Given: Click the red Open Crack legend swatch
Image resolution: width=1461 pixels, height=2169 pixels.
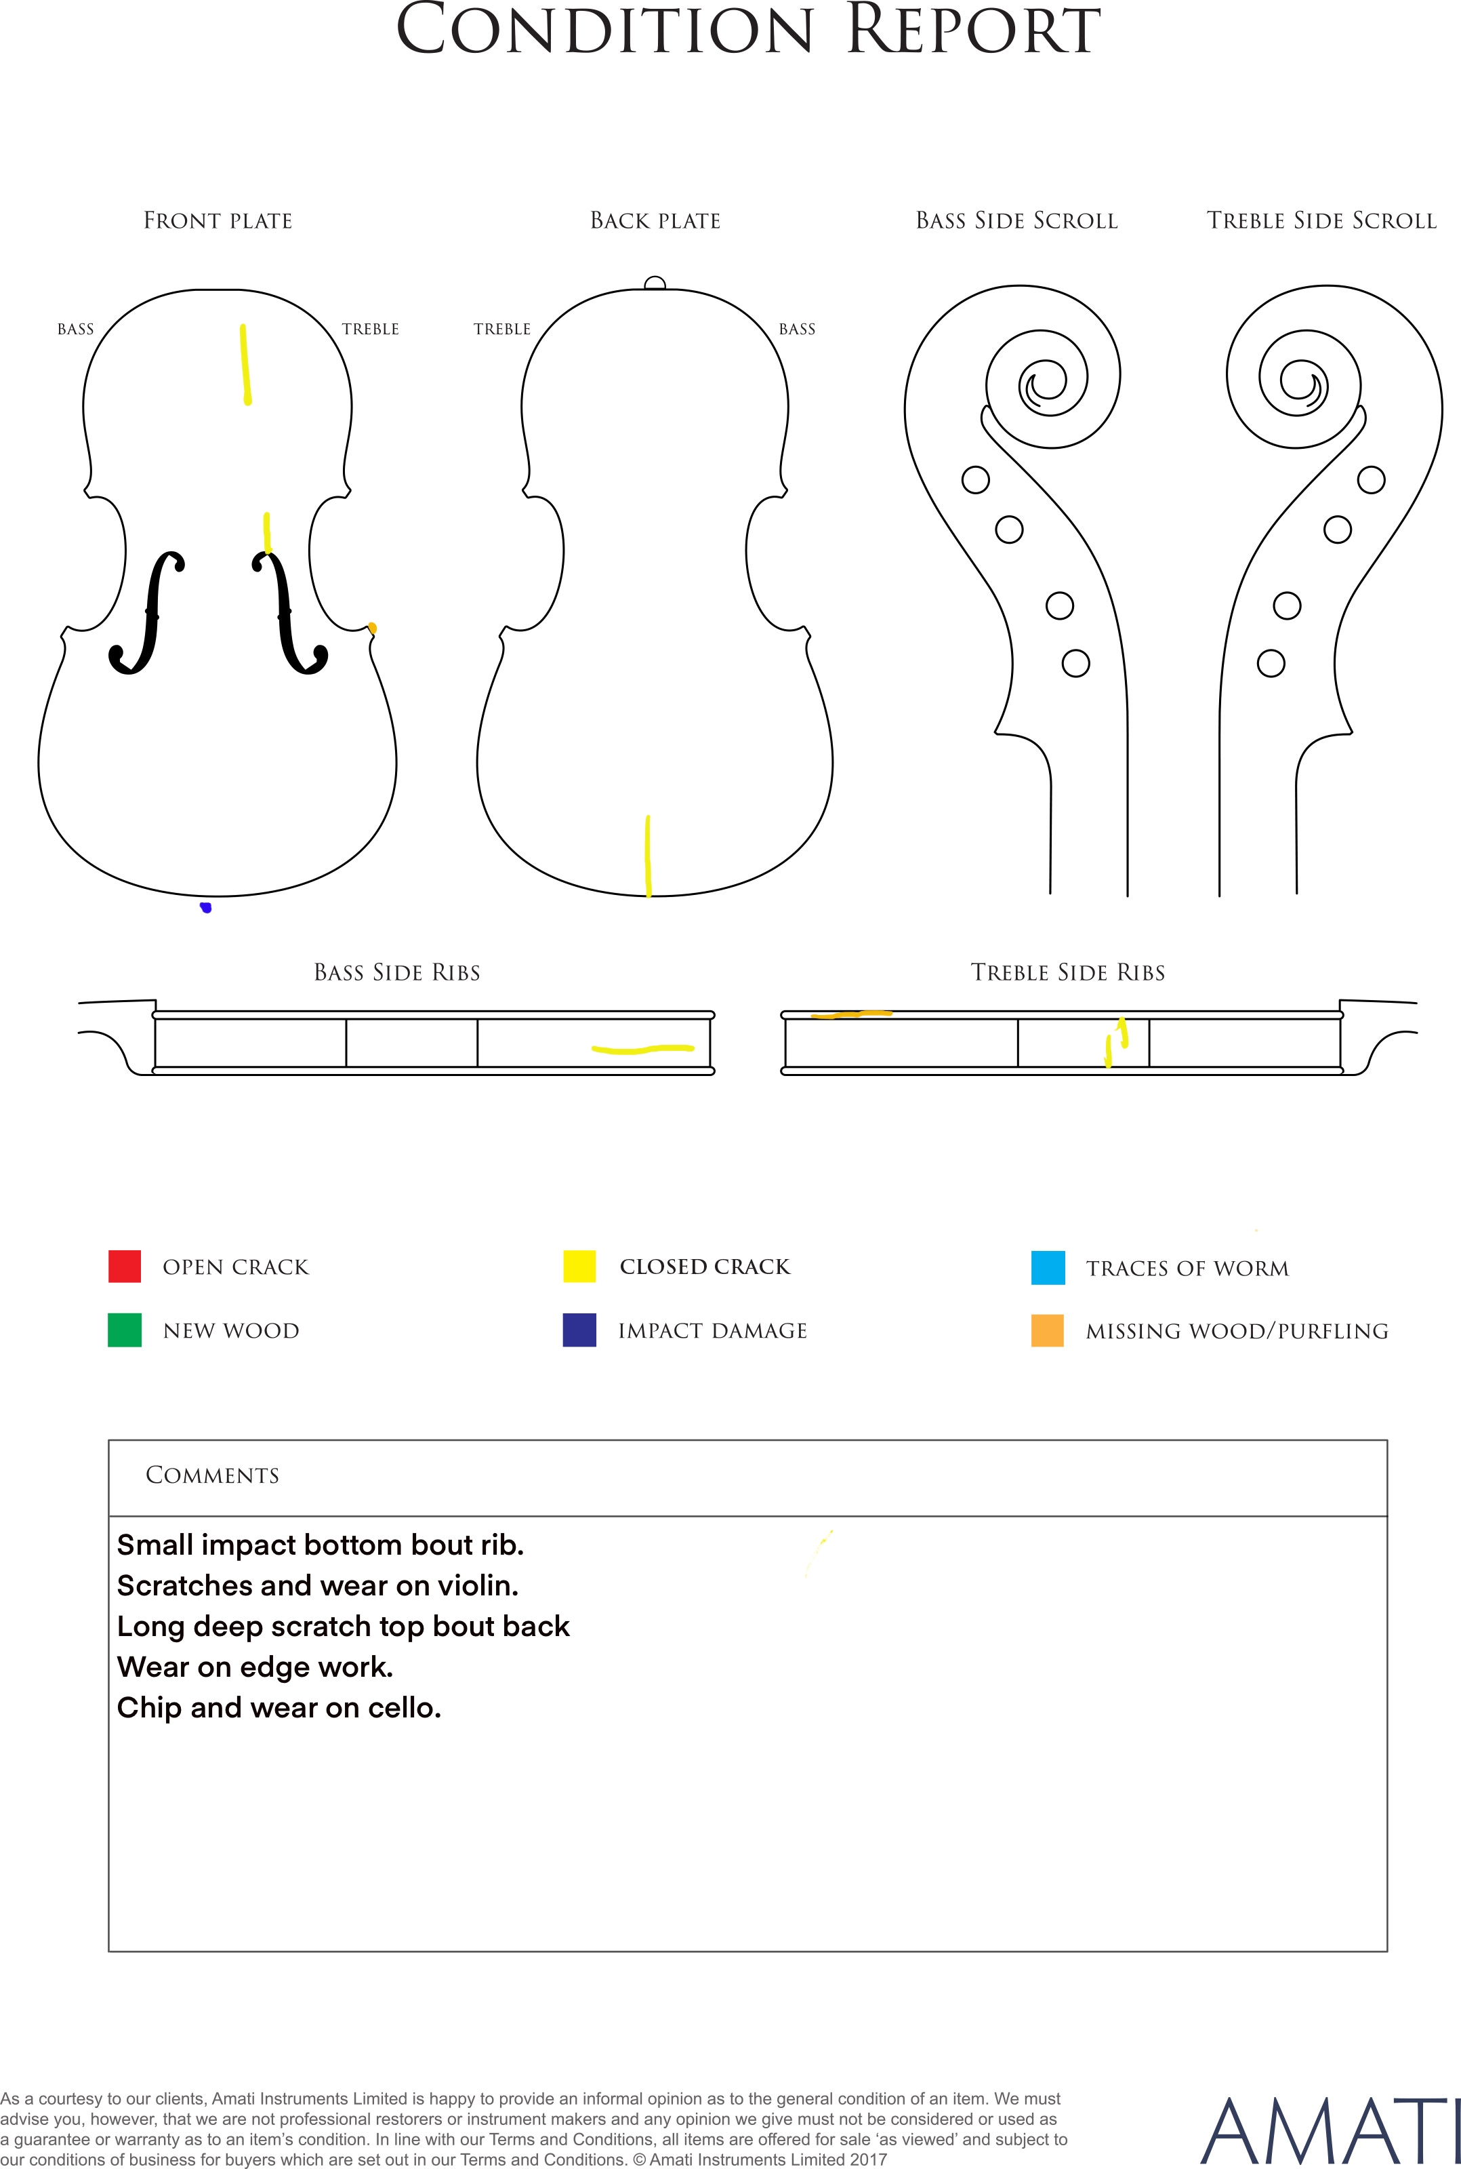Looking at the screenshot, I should pos(124,1266).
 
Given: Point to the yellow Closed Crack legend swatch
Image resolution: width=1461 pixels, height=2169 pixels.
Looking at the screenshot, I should pos(579,1266).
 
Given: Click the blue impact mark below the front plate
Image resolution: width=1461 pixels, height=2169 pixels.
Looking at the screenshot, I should pos(206,907).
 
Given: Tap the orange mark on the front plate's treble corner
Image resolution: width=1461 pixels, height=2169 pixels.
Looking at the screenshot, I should pos(372,629).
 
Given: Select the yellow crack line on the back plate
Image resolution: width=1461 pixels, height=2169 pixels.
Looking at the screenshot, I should pos(648,856).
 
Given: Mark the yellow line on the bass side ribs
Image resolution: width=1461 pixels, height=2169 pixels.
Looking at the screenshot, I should pos(643,1049).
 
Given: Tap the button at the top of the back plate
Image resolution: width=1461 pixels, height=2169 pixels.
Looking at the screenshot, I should pos(655,283).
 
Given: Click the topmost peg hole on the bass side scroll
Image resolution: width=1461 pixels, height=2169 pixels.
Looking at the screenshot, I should pos(976,480).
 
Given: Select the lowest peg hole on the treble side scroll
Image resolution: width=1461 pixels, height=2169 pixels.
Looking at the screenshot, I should pos(1271,664).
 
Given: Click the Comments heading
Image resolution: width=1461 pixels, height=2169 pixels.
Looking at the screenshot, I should pos(213,1475).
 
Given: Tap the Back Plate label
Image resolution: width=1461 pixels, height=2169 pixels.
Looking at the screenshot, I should pos(655,221).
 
